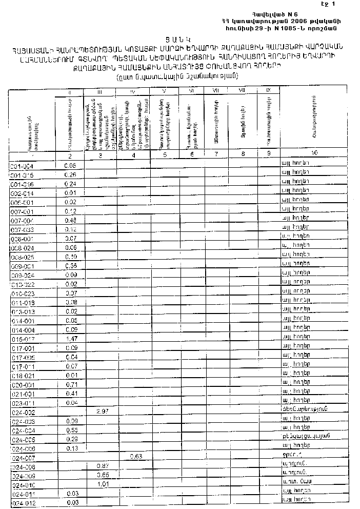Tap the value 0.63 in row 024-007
pyautogui.click(x=136, y=456)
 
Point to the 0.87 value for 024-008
pyautogui.click(x=104, y=465)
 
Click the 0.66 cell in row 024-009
pyautogui.click(x=104, y=474)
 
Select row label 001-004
pyautogui.click(x=22, y=166)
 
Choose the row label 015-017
pyautogui.click(x=23, y=340)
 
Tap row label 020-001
pyautogui.click(x=23, y=385)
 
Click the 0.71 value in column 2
pyautogui.click(x=71, y=384)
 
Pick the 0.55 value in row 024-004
pyautogui.click(x=72, y=429)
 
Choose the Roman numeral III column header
pyautogui.click(x=100, y=92)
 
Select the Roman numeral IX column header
pyautogui.click(x=268, y=91)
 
